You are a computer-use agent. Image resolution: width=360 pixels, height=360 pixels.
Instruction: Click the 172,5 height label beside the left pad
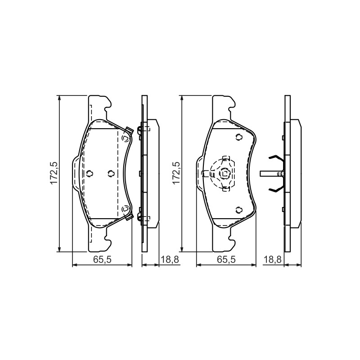[x=53, y=173]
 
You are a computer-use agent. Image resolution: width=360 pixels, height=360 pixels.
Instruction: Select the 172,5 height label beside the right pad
[x=176, y=173]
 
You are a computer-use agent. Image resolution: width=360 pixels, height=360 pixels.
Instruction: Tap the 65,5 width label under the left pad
[x=102, y=260]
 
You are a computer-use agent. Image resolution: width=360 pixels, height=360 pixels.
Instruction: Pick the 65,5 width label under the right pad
[x=226, y=260]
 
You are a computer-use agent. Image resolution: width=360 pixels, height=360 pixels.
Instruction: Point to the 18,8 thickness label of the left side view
[x=170, y=260]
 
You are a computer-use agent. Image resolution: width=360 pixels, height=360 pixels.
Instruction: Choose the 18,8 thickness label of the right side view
[x=272, y=260]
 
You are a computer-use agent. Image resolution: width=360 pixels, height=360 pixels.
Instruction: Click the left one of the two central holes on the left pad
[x=90, y=174]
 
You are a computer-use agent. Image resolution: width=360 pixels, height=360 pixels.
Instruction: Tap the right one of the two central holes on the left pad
[x=111, y=174]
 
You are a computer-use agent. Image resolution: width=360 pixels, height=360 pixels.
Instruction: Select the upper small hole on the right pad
[x=239, y=137]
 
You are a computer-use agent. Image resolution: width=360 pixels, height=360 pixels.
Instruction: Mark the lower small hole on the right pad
[x=239, y=210]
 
